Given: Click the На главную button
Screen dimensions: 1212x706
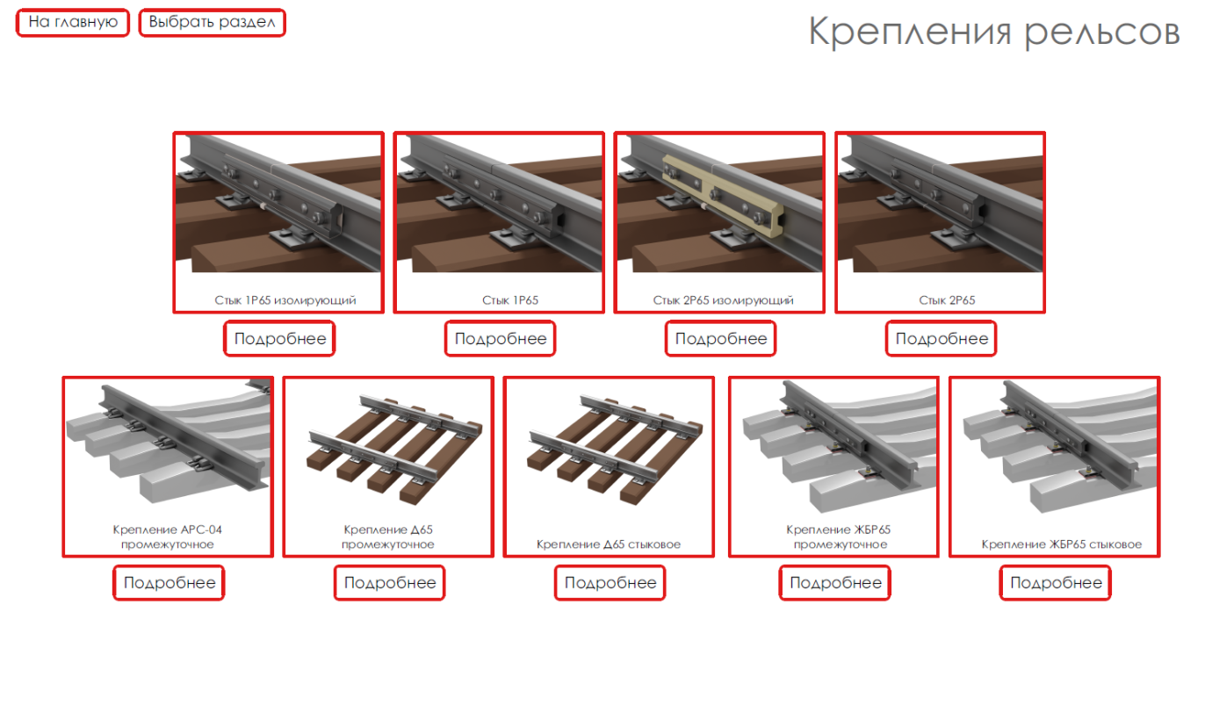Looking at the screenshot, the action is click(x=73, y=23).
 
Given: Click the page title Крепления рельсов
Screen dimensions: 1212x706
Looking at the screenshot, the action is click(x=994, y=32).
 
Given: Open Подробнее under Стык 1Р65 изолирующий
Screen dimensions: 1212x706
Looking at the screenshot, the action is click(x=280, y=339).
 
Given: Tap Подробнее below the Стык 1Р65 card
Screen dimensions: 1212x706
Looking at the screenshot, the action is click(x=501, y=339).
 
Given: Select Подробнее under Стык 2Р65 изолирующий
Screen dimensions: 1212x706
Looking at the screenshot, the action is click(x=721, y=339).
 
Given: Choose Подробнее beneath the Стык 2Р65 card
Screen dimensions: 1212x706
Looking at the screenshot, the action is click(x=941, y=339).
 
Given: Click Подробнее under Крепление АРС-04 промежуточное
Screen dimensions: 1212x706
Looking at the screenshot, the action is click(x=170, y=583).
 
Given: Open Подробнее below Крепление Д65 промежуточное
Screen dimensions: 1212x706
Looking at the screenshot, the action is click(x=390, y=583).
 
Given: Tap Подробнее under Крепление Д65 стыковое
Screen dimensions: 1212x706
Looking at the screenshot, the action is click(x=610, y=583).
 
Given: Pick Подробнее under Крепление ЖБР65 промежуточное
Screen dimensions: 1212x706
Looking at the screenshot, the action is click(x=835, y=583).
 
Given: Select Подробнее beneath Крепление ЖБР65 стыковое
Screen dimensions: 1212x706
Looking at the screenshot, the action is click(x=1056, y=583).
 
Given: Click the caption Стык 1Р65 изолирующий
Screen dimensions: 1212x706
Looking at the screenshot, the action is click(x=285, y=300).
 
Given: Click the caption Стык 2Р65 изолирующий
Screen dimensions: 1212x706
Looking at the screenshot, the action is click(x=723, y=300).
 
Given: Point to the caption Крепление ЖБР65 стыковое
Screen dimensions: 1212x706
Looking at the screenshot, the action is click(x=1062, y=544).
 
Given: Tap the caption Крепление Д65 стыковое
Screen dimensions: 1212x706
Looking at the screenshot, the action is click(x=608, y=544).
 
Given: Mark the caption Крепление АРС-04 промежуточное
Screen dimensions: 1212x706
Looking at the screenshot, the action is click(x=167, y=537).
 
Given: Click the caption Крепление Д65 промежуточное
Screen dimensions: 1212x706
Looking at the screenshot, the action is click(x=388, y=537).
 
